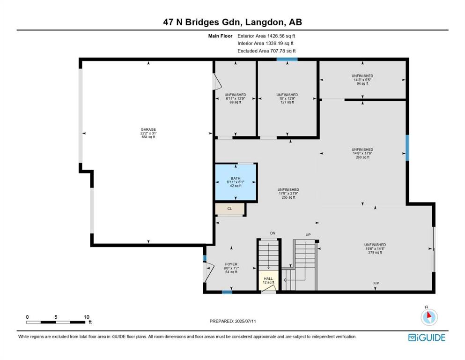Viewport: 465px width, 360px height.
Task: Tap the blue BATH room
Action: (236, 182)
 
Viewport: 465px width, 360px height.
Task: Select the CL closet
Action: (230, 209)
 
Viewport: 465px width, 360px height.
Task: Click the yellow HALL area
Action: (268, 280)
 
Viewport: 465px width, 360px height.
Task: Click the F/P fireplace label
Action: (376, 284)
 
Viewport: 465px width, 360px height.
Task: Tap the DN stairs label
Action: (273, 233)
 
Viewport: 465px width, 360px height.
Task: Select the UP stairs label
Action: (308, 235)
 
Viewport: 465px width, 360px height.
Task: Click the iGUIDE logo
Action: (427, 337)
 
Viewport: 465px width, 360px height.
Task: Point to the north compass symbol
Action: (429, 316)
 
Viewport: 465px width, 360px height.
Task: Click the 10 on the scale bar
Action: (87, 317)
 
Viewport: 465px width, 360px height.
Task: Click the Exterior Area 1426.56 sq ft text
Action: (266, 36)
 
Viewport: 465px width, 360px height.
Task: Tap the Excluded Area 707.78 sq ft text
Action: (266, 51)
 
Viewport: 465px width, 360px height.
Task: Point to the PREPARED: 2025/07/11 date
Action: (233, 321)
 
